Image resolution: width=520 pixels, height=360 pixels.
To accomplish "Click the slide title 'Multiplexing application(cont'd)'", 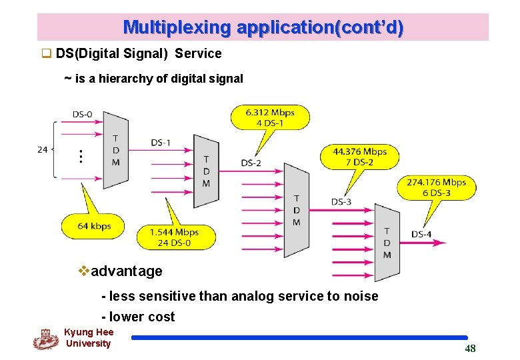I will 263,27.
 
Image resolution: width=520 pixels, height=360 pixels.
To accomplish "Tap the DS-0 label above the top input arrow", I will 83,114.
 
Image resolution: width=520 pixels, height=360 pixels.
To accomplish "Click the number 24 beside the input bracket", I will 43,149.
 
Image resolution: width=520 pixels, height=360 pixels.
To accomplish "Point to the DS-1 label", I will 161,142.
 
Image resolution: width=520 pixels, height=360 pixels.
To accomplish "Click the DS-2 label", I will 251,163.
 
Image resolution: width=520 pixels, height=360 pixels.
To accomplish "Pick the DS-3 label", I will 341,201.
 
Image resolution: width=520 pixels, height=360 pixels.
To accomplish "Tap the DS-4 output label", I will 421,234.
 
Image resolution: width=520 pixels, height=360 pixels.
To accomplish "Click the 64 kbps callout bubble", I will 94,226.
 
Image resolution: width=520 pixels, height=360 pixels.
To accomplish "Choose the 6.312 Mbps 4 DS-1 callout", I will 270,117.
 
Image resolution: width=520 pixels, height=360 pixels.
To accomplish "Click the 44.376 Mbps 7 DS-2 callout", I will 359,157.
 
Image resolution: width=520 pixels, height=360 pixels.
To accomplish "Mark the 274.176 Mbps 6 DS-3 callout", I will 437,187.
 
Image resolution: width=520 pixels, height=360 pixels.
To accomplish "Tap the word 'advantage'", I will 126,271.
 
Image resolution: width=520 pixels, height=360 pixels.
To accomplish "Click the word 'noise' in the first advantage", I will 362,296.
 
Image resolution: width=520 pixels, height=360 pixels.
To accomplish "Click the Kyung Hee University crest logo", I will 45,339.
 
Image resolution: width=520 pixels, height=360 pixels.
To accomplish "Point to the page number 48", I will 470,349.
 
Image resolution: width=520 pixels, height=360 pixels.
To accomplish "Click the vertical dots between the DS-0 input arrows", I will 81,156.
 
